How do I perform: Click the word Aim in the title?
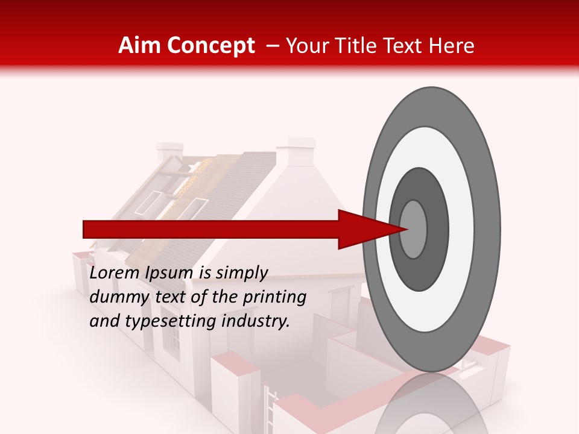coord(141,46)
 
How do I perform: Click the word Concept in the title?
coord(210,46)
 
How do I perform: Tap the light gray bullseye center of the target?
coord(414,229)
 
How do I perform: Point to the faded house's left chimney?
coord(169,151)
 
